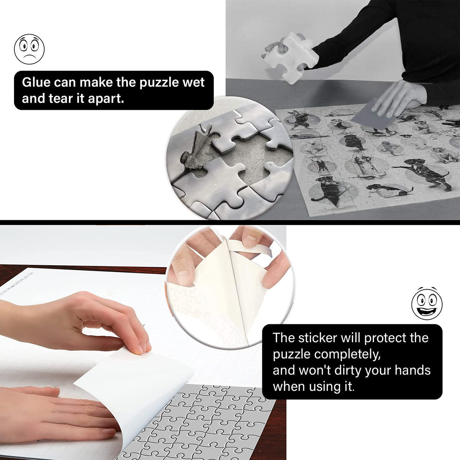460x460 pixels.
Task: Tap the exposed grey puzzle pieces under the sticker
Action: pyautogui.click(x=212, y=421)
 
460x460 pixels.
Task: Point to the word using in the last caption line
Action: pyautogui.click(x=315, y=386)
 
